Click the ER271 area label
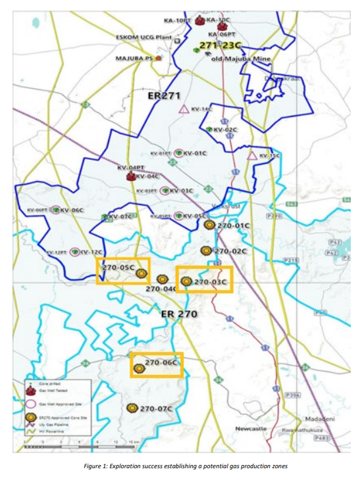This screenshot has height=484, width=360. pyautogui.click(x=164, y=97)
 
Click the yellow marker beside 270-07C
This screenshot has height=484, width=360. pyautogui.click(x=132, y=408)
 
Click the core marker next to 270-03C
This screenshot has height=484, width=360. pyautogui.click(x=186, y=281)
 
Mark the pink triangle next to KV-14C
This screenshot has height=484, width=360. pyautogui.click(x=184, y=109)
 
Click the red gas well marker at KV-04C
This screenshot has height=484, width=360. pyautogui.click(x=130, y=176)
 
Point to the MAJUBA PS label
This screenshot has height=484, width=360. pyautogui.click(x=134, y=58)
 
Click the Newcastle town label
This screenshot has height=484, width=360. pyautogui.click(x=251, y=429)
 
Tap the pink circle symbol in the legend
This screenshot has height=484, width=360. pyautogui.click(x=30, y=402)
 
